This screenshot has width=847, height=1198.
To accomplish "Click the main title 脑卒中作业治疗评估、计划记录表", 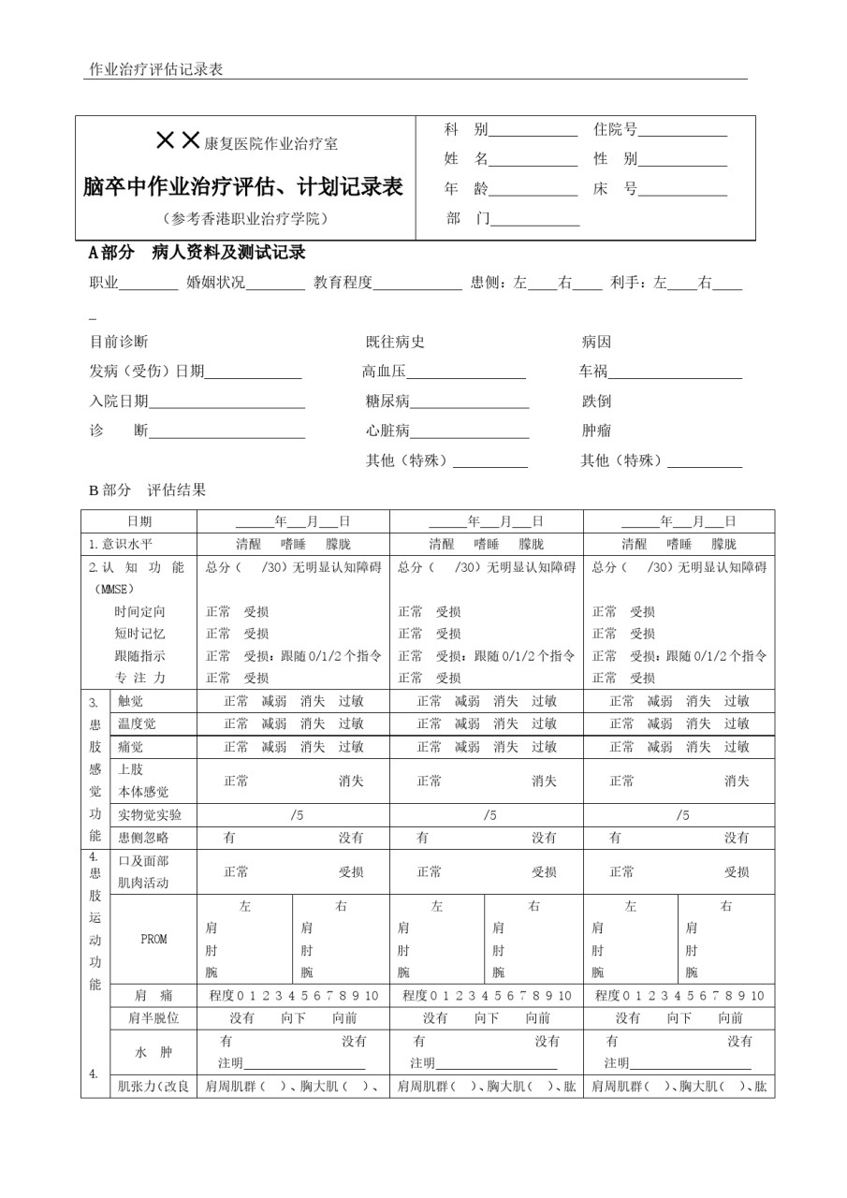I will point(242,187).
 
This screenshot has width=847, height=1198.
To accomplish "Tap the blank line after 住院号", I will point(682,132).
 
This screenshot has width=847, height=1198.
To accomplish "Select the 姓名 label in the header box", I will point(465,159).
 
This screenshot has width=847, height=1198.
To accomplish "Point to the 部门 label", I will point(465,219).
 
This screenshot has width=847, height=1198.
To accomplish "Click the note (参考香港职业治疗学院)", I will point(244,219).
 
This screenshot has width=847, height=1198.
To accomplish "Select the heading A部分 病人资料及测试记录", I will point(197,254).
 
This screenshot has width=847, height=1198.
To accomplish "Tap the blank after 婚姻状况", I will point(276,285).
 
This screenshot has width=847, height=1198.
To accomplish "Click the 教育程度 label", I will point(343,283).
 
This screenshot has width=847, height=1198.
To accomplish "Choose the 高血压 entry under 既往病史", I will point(385,372).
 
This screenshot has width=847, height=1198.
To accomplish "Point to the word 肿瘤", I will point(596,431).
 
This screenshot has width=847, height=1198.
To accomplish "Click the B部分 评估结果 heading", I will point(147,489).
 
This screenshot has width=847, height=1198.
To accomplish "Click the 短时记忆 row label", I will point(139,634).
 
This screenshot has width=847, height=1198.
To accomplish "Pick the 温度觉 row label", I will point(137,723).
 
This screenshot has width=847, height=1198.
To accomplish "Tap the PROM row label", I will point(153,940).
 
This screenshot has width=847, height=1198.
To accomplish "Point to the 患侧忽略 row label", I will point(143,838).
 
